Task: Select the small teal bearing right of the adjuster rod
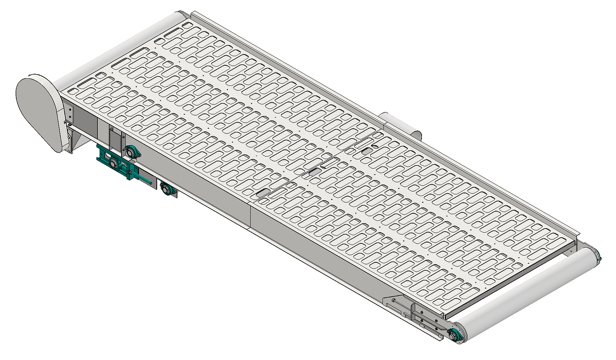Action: click(168, 189)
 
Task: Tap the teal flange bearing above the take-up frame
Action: click(131, 152)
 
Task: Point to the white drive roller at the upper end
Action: click(122, 49)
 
